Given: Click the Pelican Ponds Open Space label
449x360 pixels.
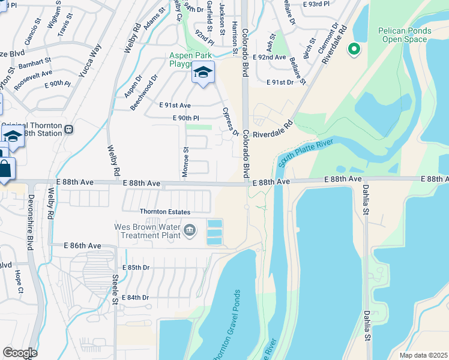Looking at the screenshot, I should pos(403,35).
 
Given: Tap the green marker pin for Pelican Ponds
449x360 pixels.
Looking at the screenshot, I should pos(354,49).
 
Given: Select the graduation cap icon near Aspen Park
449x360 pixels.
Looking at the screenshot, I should pos(203,73).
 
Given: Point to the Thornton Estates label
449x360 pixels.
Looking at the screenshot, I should pos(165,212).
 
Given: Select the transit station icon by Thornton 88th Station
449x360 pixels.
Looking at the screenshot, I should pos(70,129).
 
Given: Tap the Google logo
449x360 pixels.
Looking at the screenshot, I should pos(20,353).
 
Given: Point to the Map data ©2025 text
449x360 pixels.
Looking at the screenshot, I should pos(423,355).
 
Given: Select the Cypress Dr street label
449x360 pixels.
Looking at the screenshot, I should pos(231,121).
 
